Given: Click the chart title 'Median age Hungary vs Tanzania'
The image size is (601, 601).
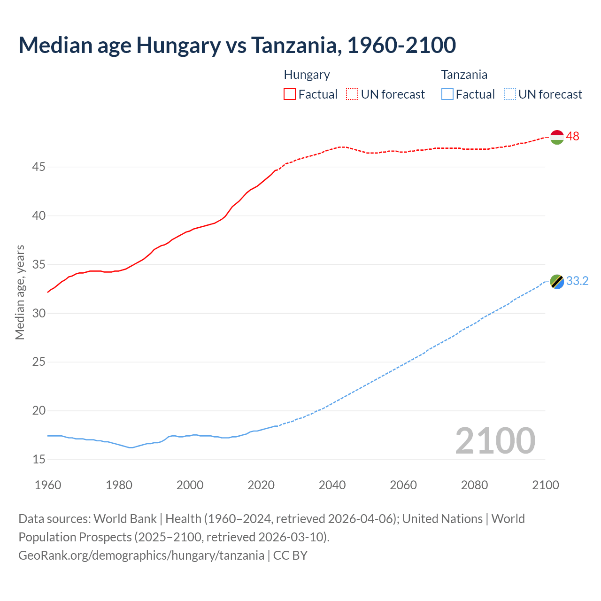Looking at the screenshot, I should click(x=237, y=45).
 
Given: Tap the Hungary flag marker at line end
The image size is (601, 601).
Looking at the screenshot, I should click(x=557, y=137).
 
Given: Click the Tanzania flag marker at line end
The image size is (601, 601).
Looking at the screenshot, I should click(x=557, y=282).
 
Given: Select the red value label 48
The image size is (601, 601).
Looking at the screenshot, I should click(x=572, y=136).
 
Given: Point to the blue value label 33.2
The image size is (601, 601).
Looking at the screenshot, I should click(x=577, y=281).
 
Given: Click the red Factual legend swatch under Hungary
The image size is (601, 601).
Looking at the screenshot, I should click(x=290, y=94).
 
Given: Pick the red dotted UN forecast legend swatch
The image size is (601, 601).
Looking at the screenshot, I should click(x=352, y=94).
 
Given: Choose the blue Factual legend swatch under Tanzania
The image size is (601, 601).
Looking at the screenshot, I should click(x=447, y=94).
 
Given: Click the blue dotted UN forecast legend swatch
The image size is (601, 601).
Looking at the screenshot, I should click(x=510, y=94).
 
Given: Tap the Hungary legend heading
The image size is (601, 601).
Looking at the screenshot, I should click(x=307, y=75).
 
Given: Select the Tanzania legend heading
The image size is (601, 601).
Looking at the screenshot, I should click(x=464, y=75).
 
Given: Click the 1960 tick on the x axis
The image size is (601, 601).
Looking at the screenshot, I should click(x=48, y=485).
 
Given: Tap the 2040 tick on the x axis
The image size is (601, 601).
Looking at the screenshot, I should click(x=332, y=485).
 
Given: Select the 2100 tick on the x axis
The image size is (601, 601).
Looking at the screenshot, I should click(x=545, y=485).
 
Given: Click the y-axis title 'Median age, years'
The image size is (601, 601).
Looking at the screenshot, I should click(x=20, y=292).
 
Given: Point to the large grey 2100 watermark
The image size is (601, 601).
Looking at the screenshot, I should click(x=495, y=440).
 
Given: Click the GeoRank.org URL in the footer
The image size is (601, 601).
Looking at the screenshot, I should click(x=141, y=555).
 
